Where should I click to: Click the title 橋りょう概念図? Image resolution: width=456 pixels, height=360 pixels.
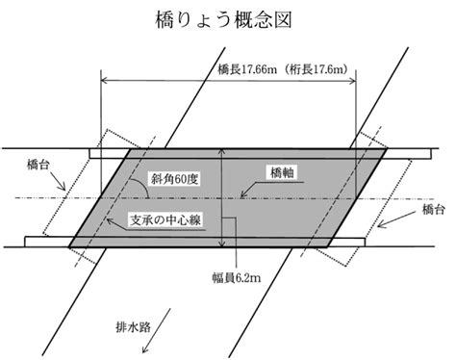(x=223, y=19)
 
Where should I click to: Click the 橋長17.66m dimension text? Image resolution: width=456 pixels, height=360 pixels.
(x=247, y=69)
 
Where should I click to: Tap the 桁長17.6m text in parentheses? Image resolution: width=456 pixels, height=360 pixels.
(x=318, y=69)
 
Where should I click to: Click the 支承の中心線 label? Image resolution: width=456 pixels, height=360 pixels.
(x=165, y=220)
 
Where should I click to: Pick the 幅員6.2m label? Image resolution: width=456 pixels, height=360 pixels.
(x=237, y=277)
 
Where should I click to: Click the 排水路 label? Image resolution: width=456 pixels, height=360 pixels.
(x=133, y=327)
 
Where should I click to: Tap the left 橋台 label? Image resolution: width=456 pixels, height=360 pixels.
(x=38, y=165)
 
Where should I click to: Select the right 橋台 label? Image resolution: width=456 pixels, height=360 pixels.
(x=434, y=209)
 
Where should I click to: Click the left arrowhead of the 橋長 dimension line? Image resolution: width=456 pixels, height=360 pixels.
(x=104, y=80)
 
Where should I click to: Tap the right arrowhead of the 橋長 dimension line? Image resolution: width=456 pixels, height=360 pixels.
(x=353, y=80)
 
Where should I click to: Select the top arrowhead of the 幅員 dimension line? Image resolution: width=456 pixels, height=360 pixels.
(x=221, y=151)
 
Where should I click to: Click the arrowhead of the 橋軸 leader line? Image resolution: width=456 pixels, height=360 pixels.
(x=242, y=194)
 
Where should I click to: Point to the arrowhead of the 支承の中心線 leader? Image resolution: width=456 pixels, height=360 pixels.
(x=109, y=220)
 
